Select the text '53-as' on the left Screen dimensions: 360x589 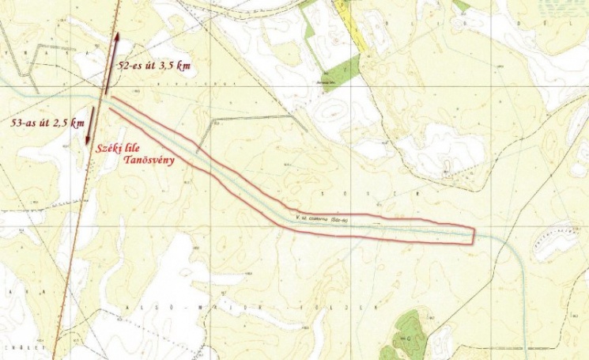click(x=25, y=123)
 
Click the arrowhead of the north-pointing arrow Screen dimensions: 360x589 click(x=117, y=36)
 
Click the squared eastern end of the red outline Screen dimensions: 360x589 click(x=473, y=236)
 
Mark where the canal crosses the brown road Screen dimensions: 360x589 click(x=102, y=96)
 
